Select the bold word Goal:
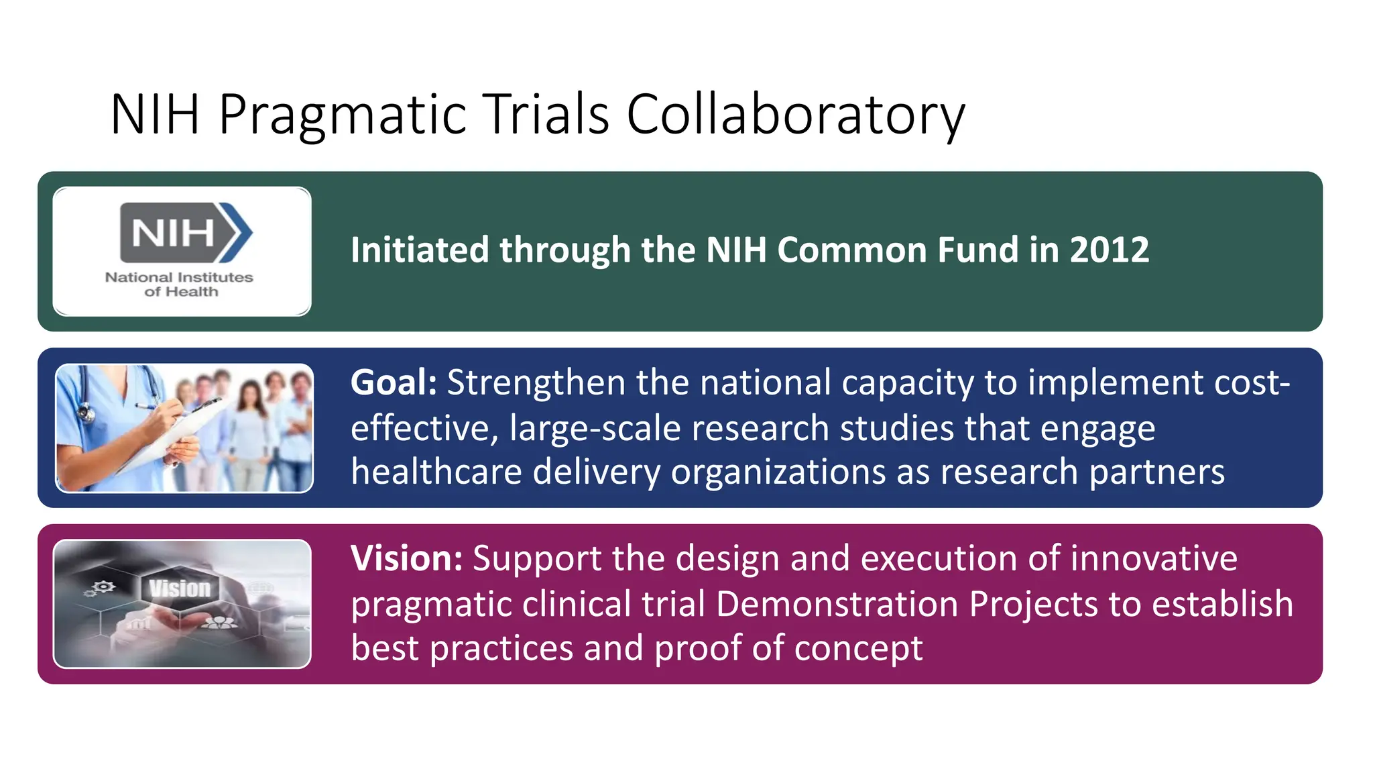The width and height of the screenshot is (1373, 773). (x=394, y=382)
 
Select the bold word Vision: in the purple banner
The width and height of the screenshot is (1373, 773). (x=406, y=558)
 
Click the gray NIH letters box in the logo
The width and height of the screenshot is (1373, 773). (x=172, y=233)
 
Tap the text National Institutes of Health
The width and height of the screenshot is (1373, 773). (x=179, y=285)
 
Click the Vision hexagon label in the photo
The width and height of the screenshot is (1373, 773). (x=180, y=588)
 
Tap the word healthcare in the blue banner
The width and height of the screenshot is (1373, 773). (x=436, y=472)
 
